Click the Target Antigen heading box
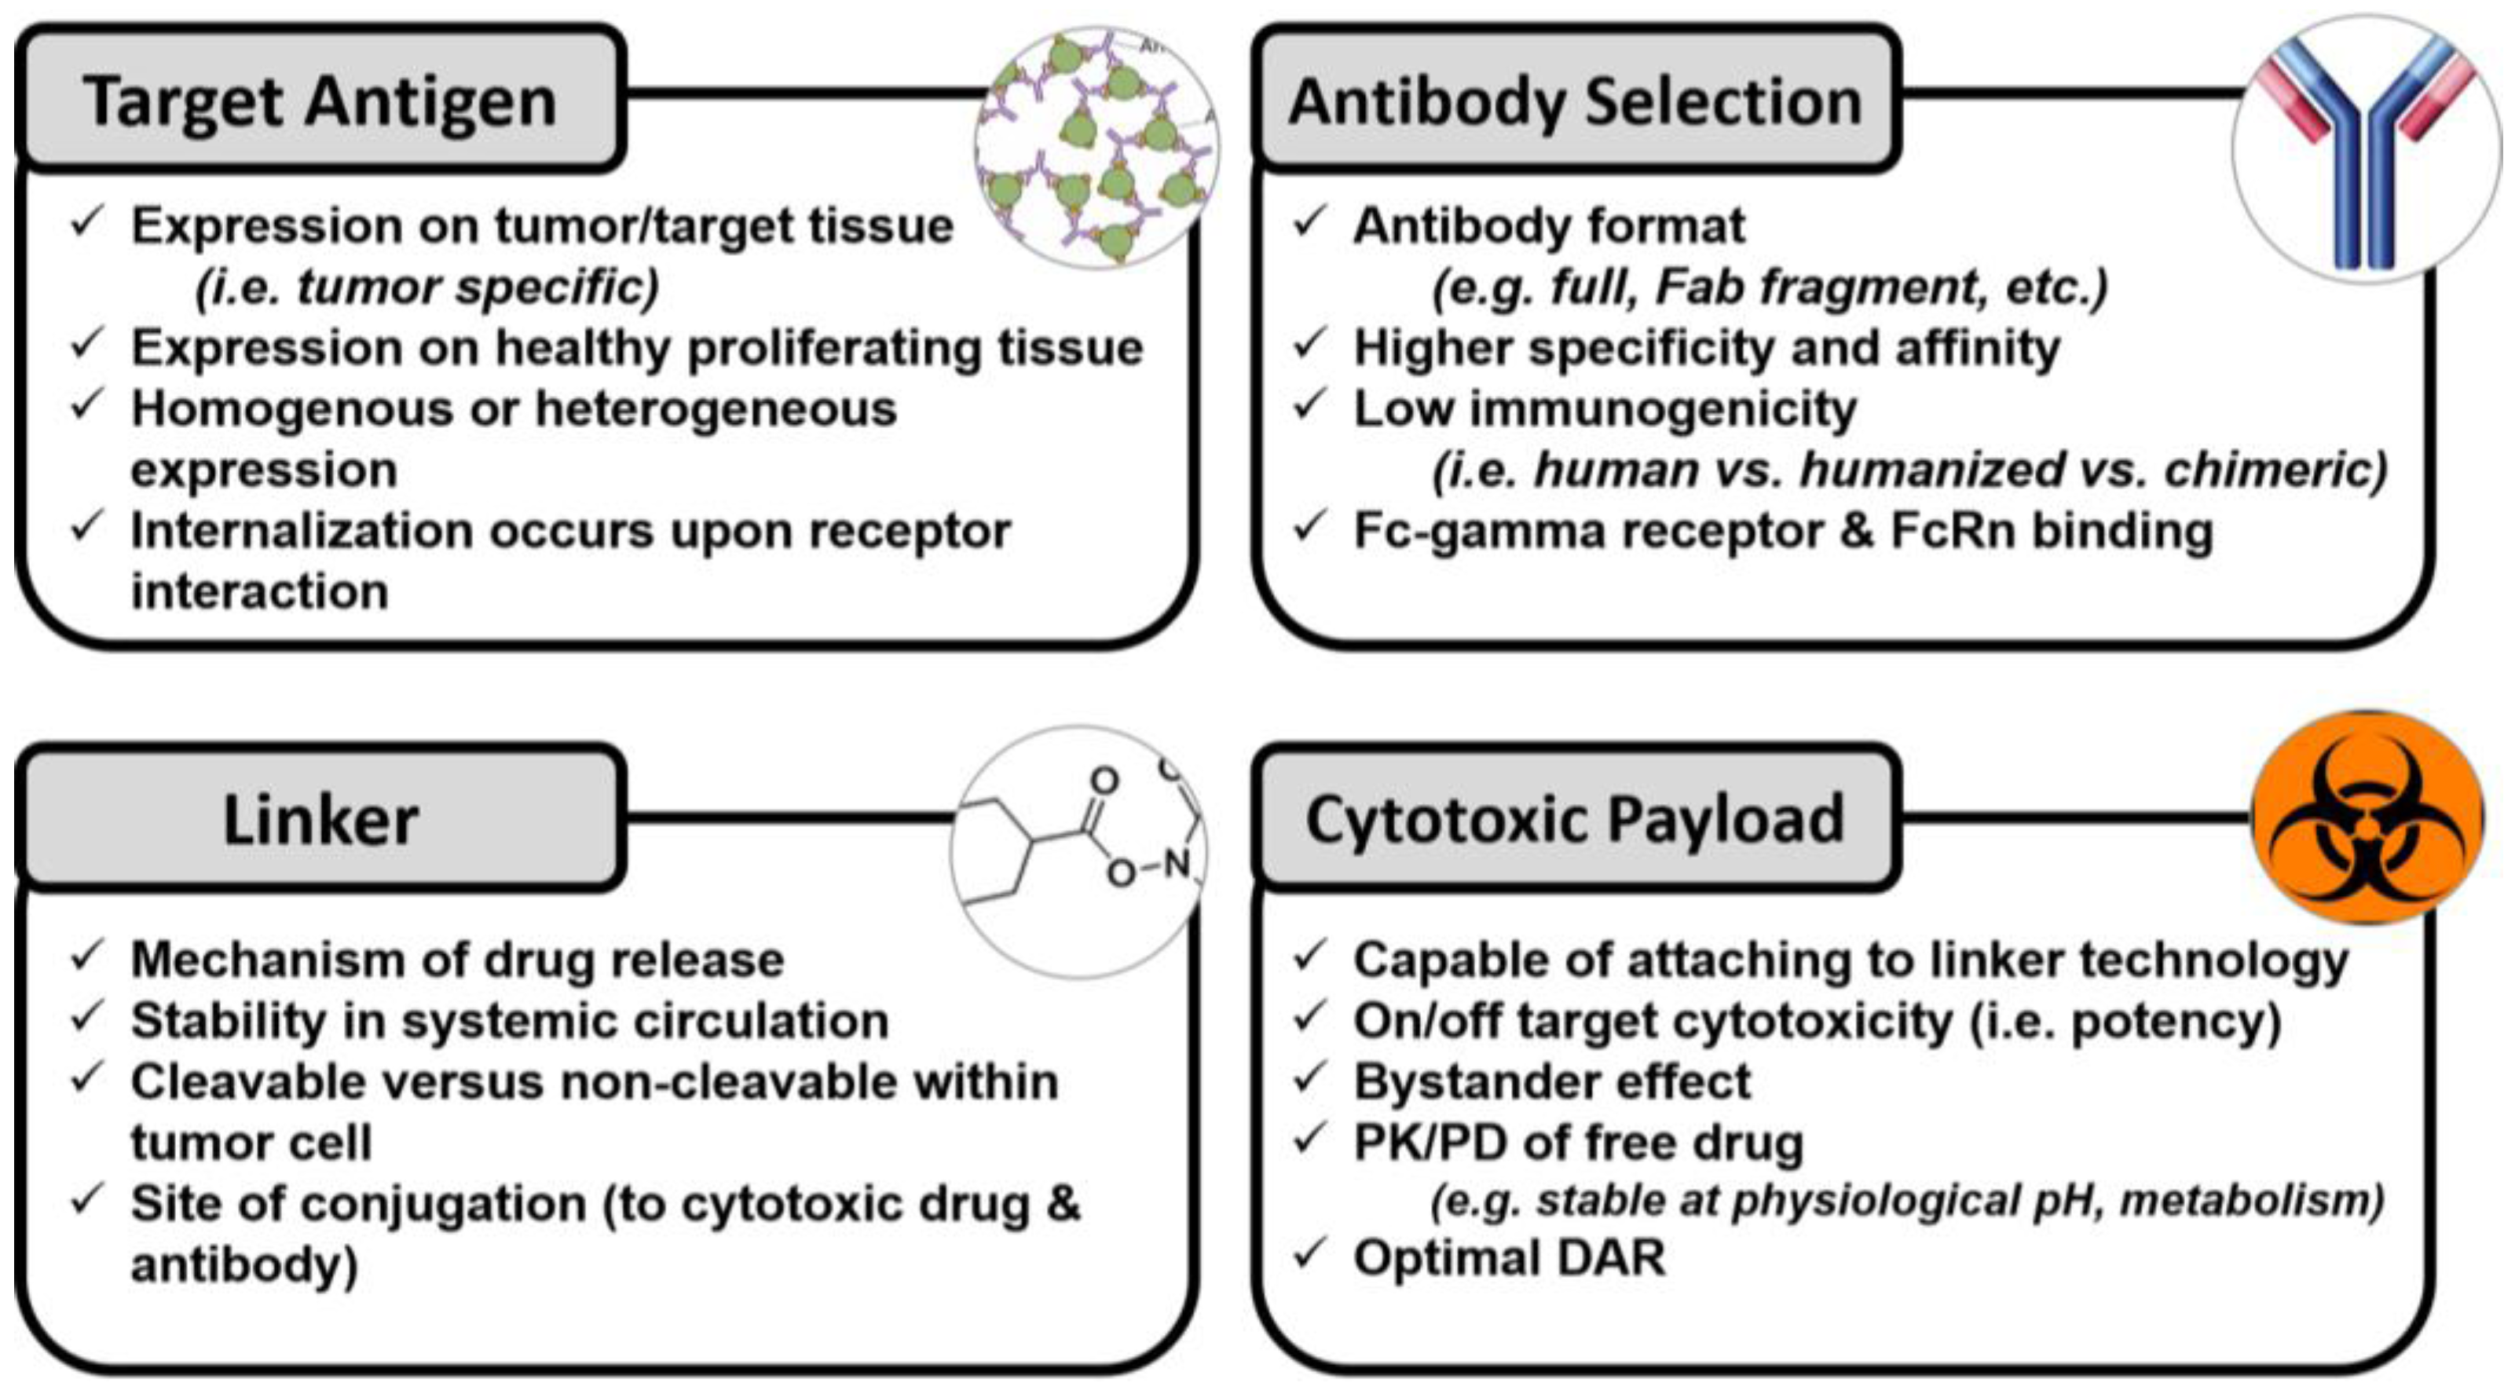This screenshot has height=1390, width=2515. coord(320,100)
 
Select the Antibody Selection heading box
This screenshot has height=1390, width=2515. coord(1575,100)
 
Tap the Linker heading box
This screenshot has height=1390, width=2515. coord(320,819)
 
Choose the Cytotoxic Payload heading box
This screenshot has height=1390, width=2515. coord(1575,819)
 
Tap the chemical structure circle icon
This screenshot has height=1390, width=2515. coord(1079,851)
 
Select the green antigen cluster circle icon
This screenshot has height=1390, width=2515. coord(1097,146)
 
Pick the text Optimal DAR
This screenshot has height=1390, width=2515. coord(1508,1257)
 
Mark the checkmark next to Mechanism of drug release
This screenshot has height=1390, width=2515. coord(87,956)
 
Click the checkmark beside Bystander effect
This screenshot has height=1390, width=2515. coord(1309,1077)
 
